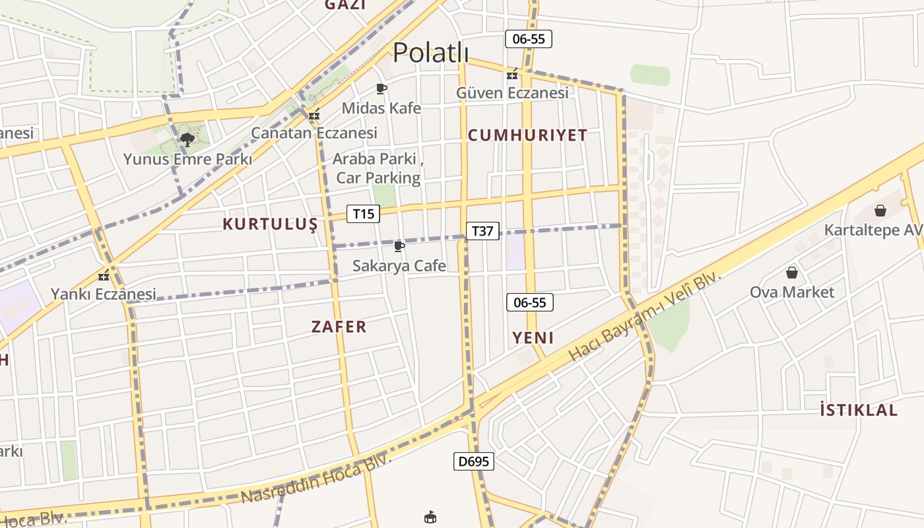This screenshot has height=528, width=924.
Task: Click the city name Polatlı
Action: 430,53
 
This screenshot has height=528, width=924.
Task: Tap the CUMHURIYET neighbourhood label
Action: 527,135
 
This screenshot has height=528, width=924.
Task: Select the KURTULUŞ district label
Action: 270,224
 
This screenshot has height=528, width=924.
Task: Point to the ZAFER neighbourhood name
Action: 339,326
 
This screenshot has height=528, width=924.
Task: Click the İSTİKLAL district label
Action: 859,410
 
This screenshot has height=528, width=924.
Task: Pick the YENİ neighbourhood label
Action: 533,338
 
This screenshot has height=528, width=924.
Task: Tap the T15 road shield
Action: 364,214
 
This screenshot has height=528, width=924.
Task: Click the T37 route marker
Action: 482,231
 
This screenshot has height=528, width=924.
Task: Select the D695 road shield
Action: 474,461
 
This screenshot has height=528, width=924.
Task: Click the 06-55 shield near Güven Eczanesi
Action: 529,39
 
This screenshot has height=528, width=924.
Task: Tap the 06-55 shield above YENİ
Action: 530,302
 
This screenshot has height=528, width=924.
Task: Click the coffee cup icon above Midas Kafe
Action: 381,88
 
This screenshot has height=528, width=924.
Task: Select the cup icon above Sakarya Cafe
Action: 399,247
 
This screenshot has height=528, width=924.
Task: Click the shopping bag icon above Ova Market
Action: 791,273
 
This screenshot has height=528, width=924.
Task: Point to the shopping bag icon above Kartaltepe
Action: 880,211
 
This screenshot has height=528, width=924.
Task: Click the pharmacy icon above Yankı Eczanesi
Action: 103,275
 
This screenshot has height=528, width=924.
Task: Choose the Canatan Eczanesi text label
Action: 314,133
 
